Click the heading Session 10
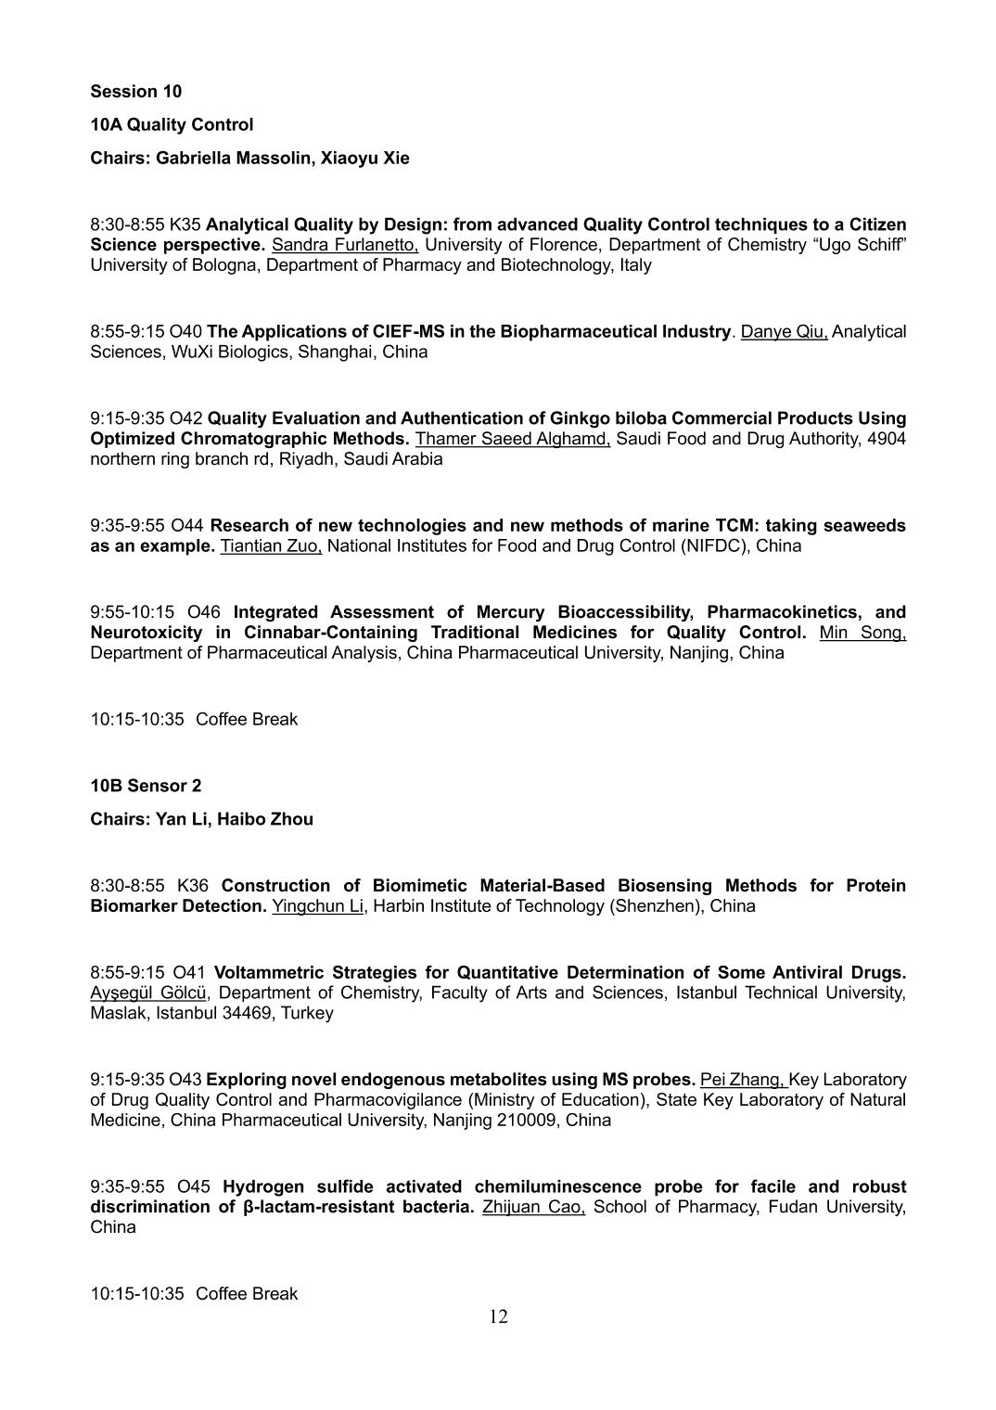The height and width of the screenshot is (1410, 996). [136, 91]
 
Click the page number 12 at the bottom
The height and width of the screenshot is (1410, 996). [498, 1316]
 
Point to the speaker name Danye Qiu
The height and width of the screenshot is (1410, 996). [784, 331]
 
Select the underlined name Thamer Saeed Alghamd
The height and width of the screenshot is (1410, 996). [512, 439]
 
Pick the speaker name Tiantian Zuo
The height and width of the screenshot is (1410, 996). [270, 545]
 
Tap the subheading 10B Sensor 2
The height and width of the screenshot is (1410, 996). [146, 786]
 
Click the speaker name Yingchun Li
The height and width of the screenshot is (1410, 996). [318, 906]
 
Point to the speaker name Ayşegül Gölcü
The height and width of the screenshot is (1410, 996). [149, 993]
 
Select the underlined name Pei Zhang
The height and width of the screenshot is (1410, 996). [743, 1080]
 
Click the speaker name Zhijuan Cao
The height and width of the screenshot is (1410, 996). [533, 1207]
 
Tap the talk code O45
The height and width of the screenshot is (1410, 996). [194, 1186]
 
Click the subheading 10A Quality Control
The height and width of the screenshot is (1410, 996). [172, 124]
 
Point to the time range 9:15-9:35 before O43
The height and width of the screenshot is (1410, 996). [127, 1080]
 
